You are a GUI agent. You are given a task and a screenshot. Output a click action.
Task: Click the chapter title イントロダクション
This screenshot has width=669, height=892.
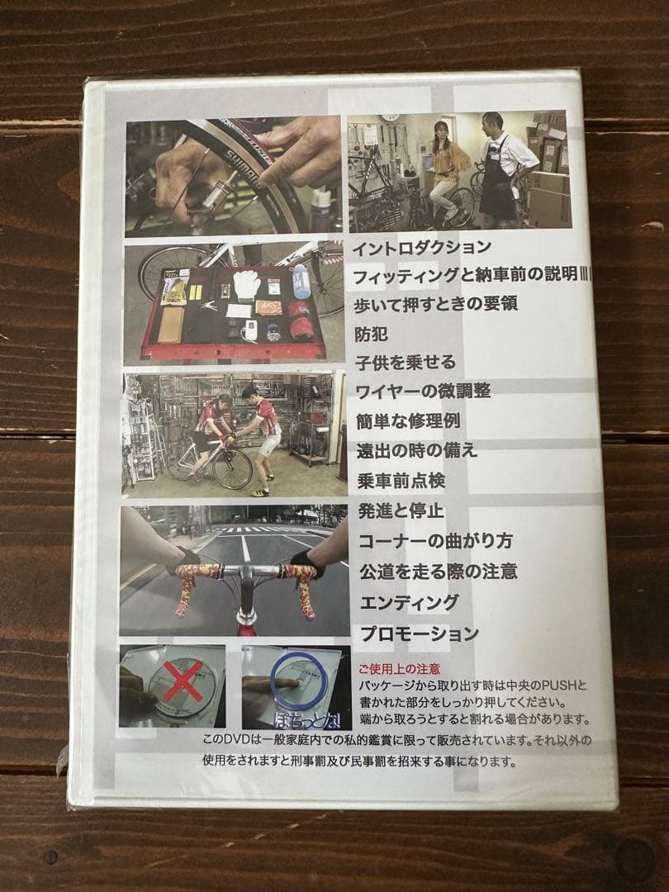click(421, 247)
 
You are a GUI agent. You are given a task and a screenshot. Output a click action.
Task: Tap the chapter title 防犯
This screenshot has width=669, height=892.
click(370, 334)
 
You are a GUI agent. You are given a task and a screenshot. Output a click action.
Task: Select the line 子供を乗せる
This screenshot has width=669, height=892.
click(406, 363)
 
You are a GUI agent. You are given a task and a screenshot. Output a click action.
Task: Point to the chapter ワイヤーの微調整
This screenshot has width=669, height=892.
click(424, 391)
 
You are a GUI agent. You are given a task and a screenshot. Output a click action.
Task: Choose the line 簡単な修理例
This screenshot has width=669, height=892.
click(408, 420)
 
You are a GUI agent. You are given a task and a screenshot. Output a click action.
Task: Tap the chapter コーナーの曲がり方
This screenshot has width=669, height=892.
click(435, 541)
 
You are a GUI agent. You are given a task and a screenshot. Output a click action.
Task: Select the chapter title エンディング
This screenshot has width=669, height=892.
click(408, 602)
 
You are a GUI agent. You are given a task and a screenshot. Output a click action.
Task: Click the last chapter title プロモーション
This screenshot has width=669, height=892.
click(419, 633)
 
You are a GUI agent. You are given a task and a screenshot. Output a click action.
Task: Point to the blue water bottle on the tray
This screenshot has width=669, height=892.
click(301, 283)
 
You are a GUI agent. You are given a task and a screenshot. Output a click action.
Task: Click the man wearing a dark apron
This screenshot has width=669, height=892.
click(500, 169)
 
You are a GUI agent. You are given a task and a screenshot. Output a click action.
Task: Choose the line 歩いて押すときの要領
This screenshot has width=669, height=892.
click(436, 303)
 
